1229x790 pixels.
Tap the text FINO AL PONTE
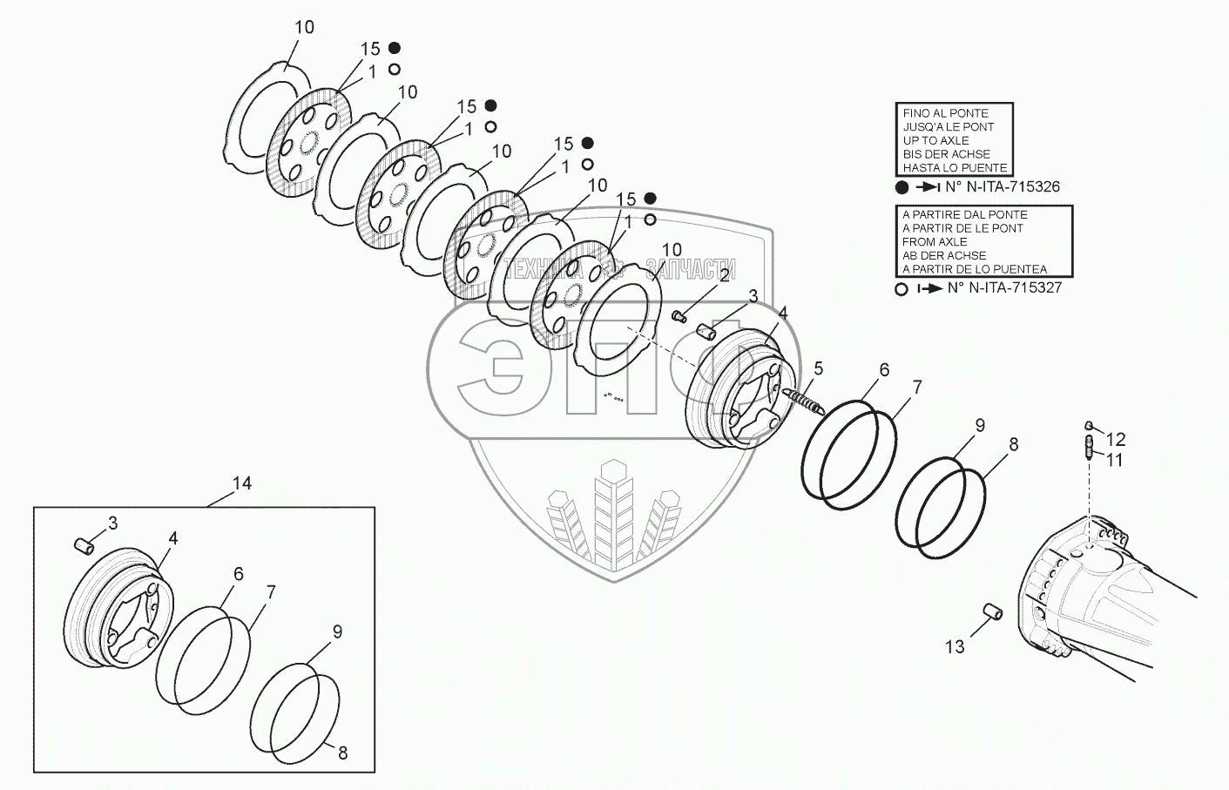(x=945, y=113)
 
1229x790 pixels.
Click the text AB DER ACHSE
(x=944, y=255)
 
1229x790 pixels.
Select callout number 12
(x=1116, y=440)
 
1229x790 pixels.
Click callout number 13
(x=956, y=646)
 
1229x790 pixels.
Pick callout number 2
(x=724, y=276)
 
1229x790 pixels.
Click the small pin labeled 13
(x=993, y=611)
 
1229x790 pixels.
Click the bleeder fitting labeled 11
(x=1088, y=451)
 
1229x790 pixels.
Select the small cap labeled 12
(x=1088, y=425)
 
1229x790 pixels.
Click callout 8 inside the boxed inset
(x=342, y=753)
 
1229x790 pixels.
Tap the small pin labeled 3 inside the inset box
(x=84, y=545)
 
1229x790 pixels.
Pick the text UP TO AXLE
(x=935, y=140)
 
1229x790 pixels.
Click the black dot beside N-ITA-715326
(x=902, y=187)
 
